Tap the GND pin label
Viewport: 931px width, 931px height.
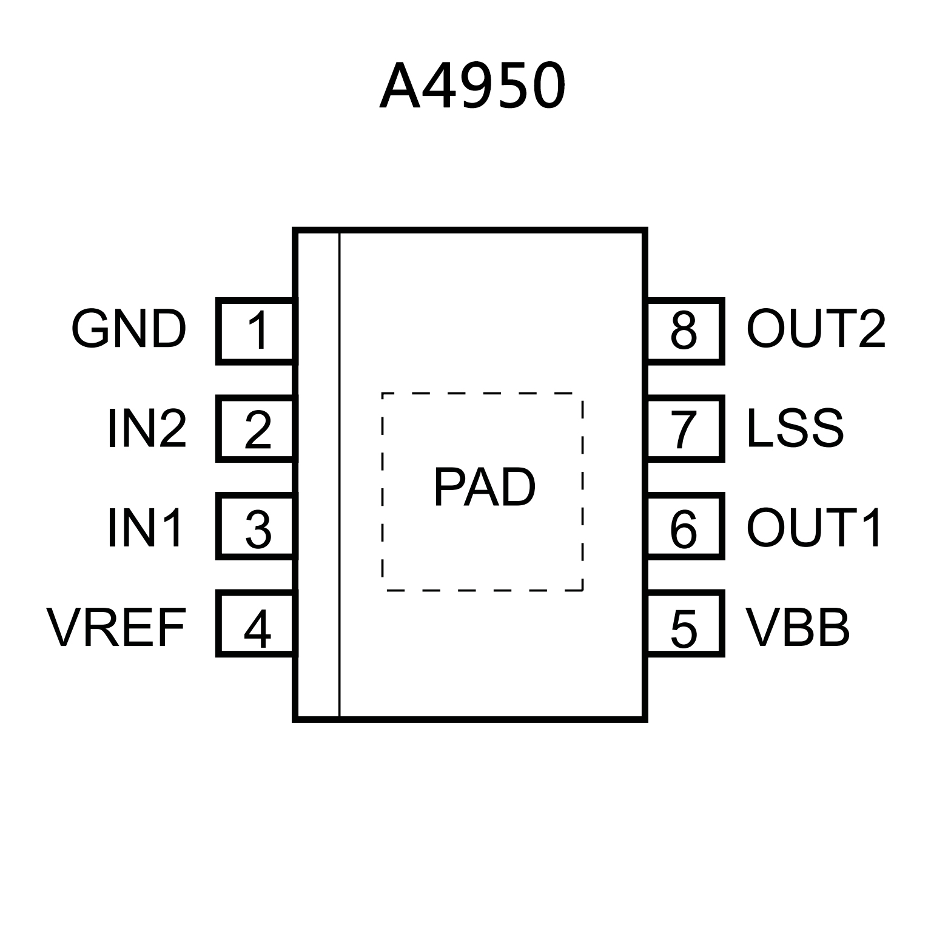(x=129, y=330)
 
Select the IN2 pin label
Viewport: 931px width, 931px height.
(x=147, y=429)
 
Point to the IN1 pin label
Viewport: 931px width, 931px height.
(x=145, y=528)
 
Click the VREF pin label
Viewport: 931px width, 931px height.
(x=116, y=628)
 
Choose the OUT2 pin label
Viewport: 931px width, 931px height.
(x=816, y=330)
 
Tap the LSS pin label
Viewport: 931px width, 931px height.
(x=795, y=429)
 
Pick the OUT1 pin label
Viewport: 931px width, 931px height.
(x=814, y=528)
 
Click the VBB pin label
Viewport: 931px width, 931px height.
(x=798, y=628)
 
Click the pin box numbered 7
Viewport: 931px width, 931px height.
(x=685, y=429)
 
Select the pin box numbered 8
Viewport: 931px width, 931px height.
(x=685, y=331)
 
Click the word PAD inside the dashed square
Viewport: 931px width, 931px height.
(x=484, y=488)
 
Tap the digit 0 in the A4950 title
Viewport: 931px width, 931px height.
(x=543, y=87)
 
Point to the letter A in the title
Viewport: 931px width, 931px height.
(x=400, y=87)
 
